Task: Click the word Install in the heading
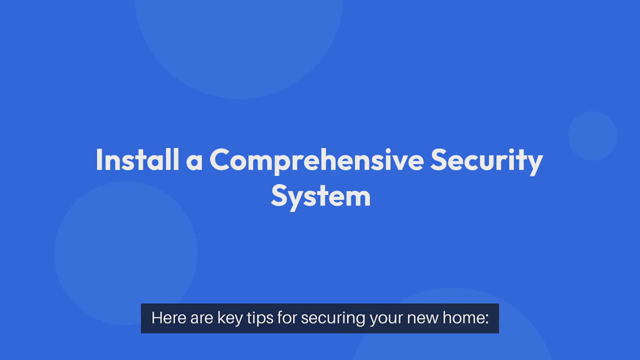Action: click(x=137, y=160)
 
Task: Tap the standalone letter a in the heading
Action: click(x=194, y=163)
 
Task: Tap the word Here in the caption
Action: click(x=169, y=318)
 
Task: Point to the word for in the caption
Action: click(x=287, y=318)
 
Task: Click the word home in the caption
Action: click(x=463, y=318)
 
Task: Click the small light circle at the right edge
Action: click(x=592, y=136)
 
